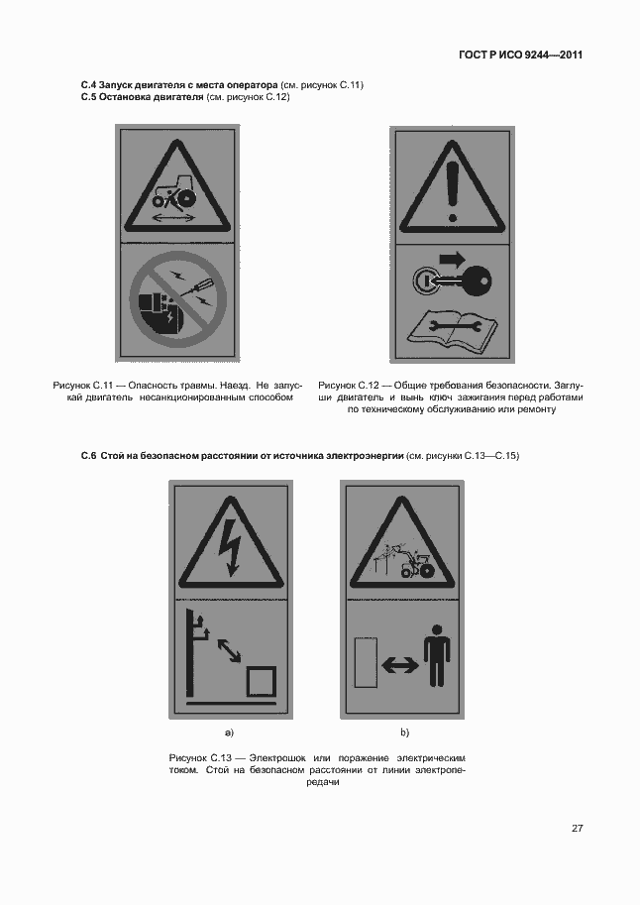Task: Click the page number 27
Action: pyautogui.click(x=578, y=829)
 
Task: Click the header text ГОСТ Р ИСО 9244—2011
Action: pyautogui.click(x=520, y=55)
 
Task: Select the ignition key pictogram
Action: pyautogui.click(x=452, y=282)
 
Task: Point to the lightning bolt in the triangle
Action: pyautogui.click(x=233, y=546)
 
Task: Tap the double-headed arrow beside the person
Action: pyautogui.click(x=400, y=665)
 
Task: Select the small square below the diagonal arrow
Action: pyautogui.click(x=262, y=682)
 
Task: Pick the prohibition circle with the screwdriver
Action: pyautogui.click(x=177, y=299)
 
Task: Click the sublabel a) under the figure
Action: pyautogui.click(x=229, y=733)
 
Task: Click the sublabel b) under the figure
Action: pyautogui.click(x=404, y=733)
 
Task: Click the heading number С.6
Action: pyautogui.click(x=88, y=456)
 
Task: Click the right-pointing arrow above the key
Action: pyautogui.click(x=455, y=258)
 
